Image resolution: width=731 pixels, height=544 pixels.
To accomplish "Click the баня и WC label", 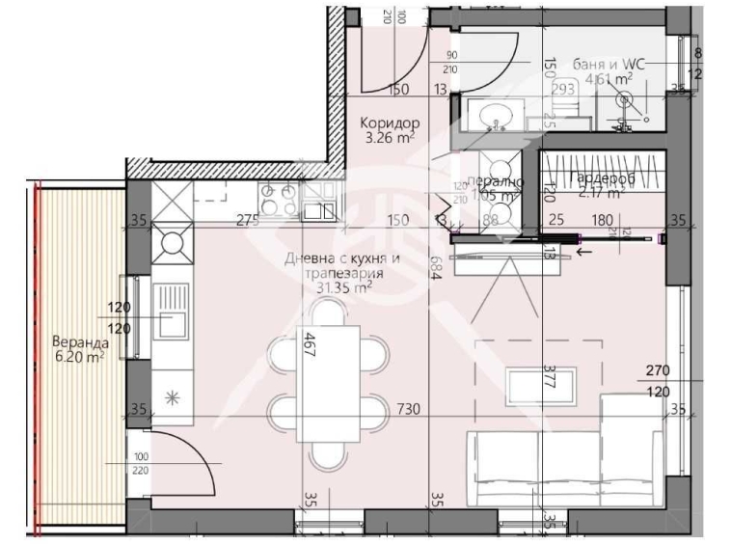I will (x=603, y=65).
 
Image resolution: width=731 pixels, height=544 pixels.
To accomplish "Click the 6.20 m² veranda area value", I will (x=78, y=356).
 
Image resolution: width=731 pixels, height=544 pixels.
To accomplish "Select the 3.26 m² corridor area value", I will (x=390, y=138).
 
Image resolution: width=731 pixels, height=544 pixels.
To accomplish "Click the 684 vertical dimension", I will (x=436, y=270).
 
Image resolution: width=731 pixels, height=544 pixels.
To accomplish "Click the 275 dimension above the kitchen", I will (x=248, y=221).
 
